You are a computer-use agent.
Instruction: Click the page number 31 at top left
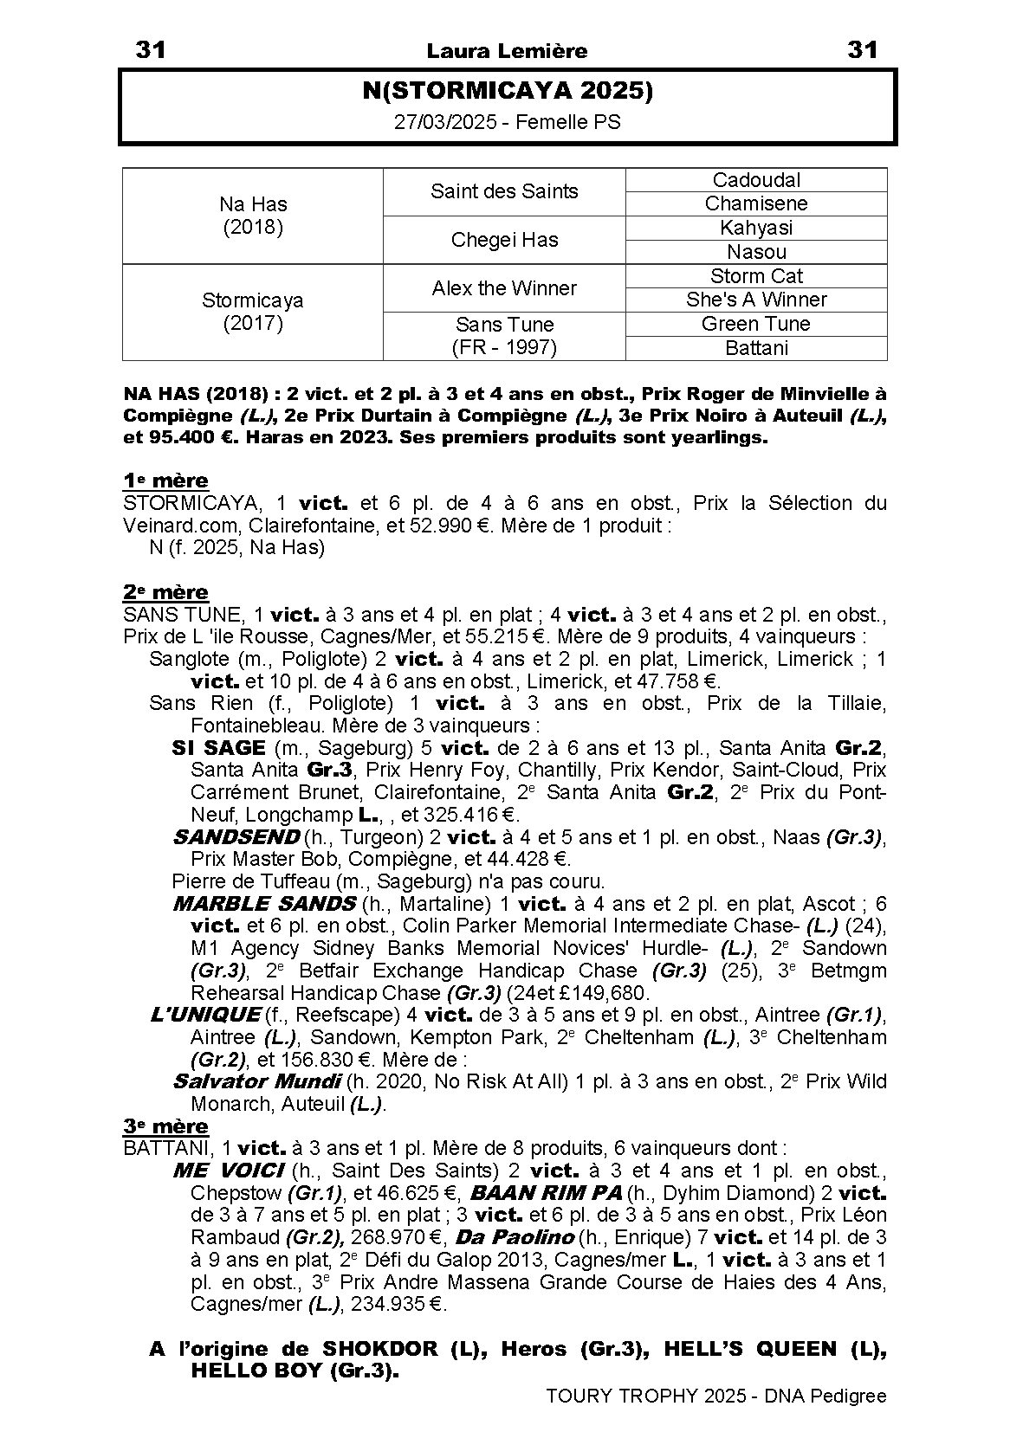(x=151, y=50)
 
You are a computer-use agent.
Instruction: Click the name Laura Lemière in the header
(x=507, y=51)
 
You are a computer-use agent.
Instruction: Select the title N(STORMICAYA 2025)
(x=507, y=92)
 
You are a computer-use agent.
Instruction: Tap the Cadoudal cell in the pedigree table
(x=756, y=180)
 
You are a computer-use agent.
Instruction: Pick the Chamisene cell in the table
(x=756, y=203)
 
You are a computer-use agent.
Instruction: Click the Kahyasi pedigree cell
(x=756, y=228)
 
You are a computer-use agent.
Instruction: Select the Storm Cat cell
(x=756, y=276)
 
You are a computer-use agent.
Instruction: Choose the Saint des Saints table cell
(x=504, y=191)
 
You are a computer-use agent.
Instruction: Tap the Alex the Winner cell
(x=504, y=288)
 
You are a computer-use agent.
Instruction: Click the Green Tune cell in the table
(x=756, y=324)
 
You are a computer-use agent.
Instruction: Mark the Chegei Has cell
(x=504, y=240)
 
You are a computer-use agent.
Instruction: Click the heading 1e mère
(x=165, y=481)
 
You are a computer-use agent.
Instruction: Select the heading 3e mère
(x=165, y=1126)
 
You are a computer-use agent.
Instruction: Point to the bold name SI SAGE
(x=218, y=747)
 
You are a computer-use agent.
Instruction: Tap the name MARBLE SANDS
(x=264, y=904)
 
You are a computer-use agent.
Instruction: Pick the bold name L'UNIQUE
(x=205, y=1014)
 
